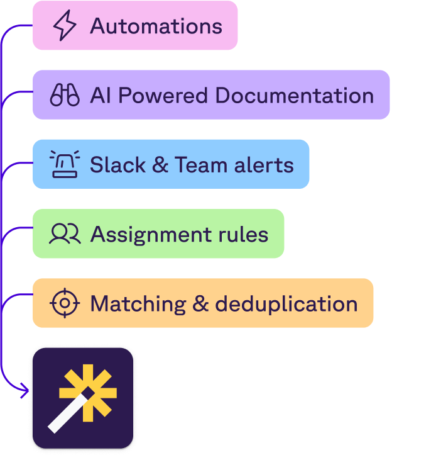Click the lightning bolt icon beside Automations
coord(65,26)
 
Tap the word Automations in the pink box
coord(156,26)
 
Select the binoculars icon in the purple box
coord(65,95)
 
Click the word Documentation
coord(294,95)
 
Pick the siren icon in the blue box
coord(65,164)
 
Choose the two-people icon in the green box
coord(65,233)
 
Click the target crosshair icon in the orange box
coord(65,303)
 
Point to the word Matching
coord(138,304)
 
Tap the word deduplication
coord(286,303)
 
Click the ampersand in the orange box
coord(200,304)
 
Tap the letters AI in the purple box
coord(101,95)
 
